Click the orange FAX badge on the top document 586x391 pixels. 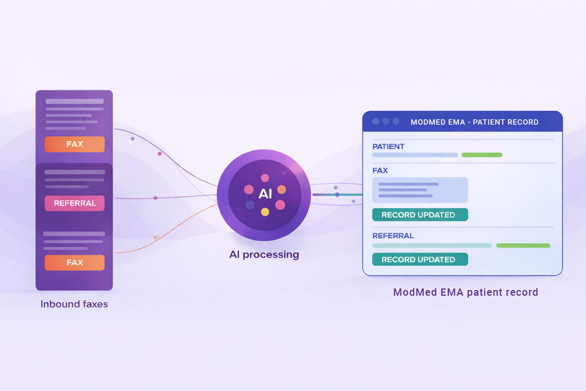tap(74, 145)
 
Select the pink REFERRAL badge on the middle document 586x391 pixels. tap(74, 203)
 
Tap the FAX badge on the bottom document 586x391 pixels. tap(74, 262)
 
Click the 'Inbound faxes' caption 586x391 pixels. tap(74, 304)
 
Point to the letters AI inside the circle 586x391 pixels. tap(265, 194)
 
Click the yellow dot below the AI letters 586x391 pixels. tap(265, 212)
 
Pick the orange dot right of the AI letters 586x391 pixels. tap(282, 189)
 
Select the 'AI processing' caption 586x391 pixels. tap(264, 254)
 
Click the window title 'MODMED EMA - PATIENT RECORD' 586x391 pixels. tap(474, 122)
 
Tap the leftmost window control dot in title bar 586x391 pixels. tap(376, 122)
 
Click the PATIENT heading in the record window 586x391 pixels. tap(388, 147)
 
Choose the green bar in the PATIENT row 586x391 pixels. tap(481, 155)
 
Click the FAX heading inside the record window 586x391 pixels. tap(380, 171)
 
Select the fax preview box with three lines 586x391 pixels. tap(420, 190)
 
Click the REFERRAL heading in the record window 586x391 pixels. tap(393, 236)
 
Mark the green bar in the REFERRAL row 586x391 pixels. tap(523, 245)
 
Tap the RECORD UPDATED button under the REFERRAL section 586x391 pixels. tap(420, 260)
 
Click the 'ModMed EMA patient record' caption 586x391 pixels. tap(466, 292)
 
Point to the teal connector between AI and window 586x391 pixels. tap(349, 195)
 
